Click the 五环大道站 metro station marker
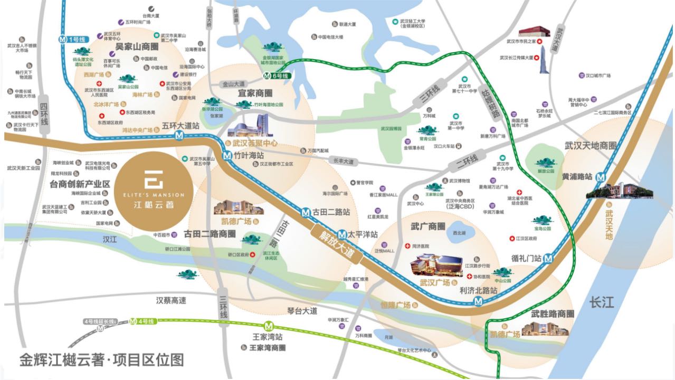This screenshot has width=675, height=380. tap(180, 136)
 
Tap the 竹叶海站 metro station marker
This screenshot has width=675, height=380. tap(227, 156)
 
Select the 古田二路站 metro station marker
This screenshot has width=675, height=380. tap(306, 213)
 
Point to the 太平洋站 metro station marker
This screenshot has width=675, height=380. tap(343, 233)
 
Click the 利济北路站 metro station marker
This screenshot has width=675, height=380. tap(478, 301)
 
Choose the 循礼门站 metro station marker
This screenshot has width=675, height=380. tap(548, 259)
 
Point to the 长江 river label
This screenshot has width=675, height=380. tap(602, 302)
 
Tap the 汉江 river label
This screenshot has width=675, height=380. tap(110, 239)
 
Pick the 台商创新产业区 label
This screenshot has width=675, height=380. tap(80, 184)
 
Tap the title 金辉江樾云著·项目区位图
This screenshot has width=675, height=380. tap(102, 360)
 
